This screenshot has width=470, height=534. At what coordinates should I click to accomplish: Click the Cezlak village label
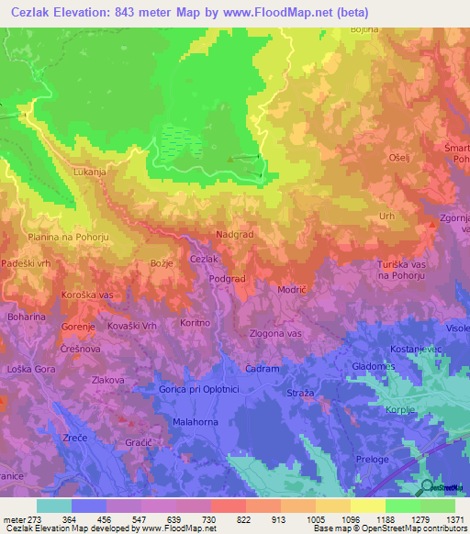(204, 260)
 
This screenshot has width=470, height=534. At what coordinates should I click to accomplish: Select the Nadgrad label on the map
(234, 235)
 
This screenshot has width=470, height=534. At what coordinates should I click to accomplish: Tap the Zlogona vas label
(275, 333)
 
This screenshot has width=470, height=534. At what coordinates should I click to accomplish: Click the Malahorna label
(194, 421)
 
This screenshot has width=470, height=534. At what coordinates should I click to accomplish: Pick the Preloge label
(371, 459)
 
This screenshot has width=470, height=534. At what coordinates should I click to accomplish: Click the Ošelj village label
(399, 157)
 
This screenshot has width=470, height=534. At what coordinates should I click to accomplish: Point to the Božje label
(149, 263)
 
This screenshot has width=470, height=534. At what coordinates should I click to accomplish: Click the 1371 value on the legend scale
(455, 518)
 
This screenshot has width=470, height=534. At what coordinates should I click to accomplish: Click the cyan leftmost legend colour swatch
(53, 506)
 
